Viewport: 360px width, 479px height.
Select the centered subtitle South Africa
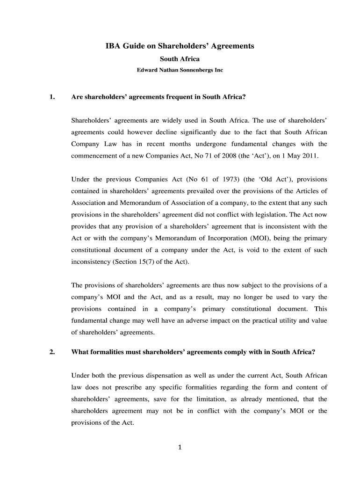pyautogui.click(x=180, y=59)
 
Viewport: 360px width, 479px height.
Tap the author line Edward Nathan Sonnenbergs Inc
pyautogui.click(x=180, y=70)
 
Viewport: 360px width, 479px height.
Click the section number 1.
pyautogui.click(x=52, y=97)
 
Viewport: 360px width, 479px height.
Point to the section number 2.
pyautogui.click(x=52, y=352)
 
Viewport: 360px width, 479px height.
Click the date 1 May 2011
pyautogui.click(x=300, y=156)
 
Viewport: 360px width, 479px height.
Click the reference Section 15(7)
pyautogui.click(x=132, y=261)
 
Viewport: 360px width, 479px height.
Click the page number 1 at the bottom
pyautogui.click(x=180, y=447)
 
